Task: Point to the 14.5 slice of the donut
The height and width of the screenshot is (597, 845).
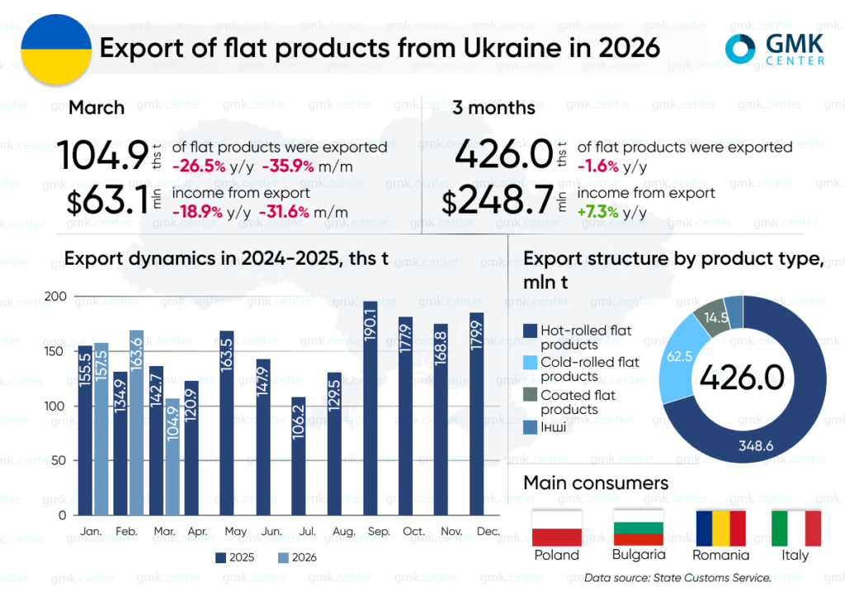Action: (x=715, y=318)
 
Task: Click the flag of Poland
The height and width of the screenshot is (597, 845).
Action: (x=557, y=528)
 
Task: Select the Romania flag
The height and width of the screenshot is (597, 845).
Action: (x=720, y=528)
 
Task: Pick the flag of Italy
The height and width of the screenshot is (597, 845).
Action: (x=795, y=528)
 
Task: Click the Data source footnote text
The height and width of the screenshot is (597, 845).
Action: (x=677, y=579)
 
